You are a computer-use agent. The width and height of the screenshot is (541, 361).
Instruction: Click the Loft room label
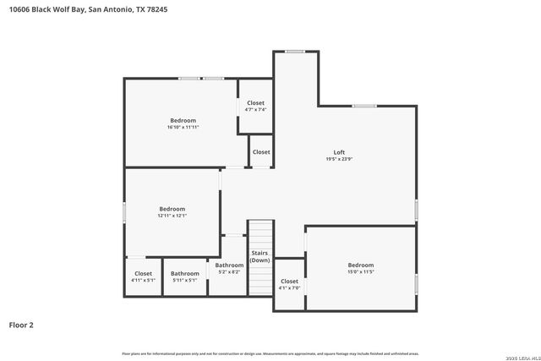(338, 152)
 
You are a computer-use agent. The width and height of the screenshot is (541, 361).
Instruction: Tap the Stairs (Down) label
(260, 256)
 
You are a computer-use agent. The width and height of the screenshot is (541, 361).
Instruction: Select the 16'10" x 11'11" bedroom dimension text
(183, 128)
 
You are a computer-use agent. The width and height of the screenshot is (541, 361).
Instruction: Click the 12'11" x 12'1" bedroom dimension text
(172, 216)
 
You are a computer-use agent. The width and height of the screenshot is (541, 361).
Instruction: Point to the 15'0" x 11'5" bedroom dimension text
(360, 271)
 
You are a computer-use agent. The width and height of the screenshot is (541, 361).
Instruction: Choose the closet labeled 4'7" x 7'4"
(255, 106)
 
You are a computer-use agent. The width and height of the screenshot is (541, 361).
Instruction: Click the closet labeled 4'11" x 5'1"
(143, 276)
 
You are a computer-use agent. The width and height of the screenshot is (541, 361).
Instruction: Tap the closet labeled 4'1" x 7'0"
(289, 284)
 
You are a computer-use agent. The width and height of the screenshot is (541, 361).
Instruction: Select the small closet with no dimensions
(261, 152)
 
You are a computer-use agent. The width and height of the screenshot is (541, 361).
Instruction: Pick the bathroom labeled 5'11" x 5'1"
(184, 276)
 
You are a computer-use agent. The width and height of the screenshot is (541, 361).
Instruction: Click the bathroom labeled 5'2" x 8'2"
(228, 268)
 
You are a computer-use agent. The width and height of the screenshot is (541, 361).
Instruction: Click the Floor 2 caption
(21, 324)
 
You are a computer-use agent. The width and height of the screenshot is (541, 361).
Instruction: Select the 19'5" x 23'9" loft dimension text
(338, 159)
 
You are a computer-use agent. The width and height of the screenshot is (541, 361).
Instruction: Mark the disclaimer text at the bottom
(270, 353)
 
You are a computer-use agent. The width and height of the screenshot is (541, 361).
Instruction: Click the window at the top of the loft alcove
(295, 52)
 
